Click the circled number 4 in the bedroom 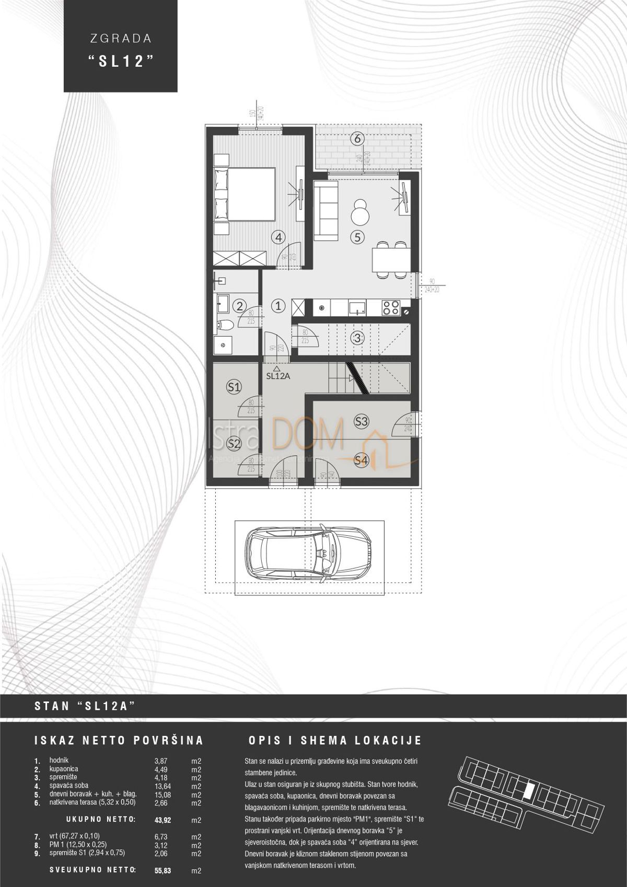coord(279,237)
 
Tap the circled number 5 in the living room coord(357,237)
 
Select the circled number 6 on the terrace coord(357,139)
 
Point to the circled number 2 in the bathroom coord(239,306)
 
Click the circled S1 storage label coord(234,387)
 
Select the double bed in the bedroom coord(246,195)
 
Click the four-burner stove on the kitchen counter coord(391,307)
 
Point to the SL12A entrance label coord(278,375)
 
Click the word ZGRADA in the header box coord(120,38)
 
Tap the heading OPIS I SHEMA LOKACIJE coord(335,741)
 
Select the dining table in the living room coord(391,259)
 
